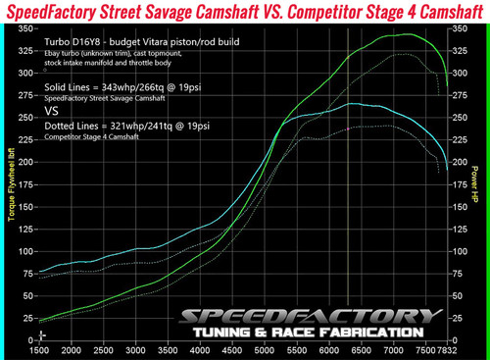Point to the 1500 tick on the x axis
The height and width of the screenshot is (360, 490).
coord(40,349)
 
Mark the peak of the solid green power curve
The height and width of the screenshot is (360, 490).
coord(401,34)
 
